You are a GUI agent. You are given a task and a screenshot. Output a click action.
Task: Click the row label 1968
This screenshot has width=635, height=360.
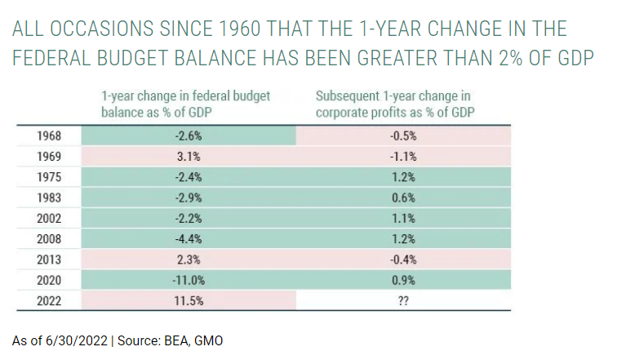(x=49, y=136)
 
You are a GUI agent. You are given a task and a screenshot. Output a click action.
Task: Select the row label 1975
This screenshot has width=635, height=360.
(x=49, y=176)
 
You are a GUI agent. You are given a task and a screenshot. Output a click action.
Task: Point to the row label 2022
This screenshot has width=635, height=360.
(x=49, y=300)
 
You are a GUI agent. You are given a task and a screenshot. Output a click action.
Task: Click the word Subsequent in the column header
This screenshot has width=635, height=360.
(x=348, y=97)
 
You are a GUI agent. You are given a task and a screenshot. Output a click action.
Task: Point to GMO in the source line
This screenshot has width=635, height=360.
(x=208, y=340)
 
